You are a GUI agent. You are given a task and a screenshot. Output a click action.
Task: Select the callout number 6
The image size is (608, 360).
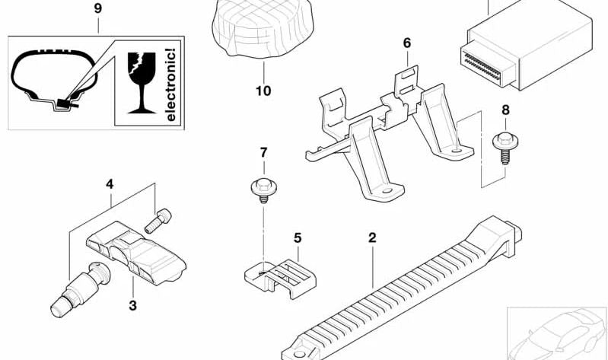click(407, 43)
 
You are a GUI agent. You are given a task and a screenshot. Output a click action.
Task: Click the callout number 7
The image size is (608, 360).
click(263, 152)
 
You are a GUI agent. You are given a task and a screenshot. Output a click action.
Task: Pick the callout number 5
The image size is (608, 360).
click(298, 237)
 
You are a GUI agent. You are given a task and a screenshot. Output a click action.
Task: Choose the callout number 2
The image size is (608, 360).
click(372, 238)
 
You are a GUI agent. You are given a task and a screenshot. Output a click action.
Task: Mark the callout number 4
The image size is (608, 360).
click(110, 183)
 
